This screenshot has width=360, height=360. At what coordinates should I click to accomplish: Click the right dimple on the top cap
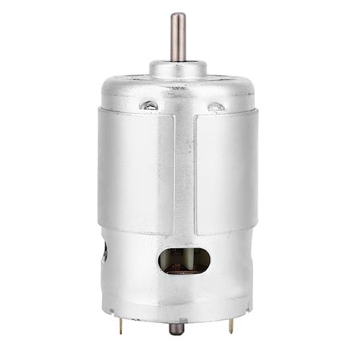click(215, 105)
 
